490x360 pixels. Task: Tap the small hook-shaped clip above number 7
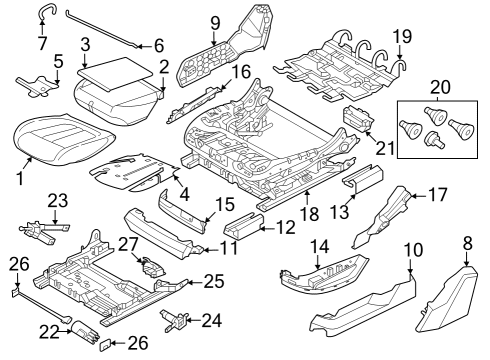point(45,11)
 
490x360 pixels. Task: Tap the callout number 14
point(320,246)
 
